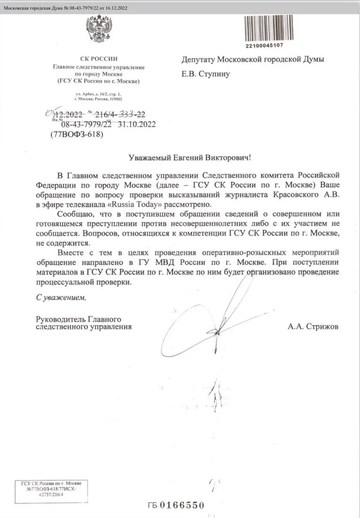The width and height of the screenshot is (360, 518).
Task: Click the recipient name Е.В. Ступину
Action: (x=206, y=74)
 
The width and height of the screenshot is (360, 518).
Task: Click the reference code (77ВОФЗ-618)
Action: (x=76, y=134)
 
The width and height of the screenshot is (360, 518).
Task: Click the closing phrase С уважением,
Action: (x=61, y=297)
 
